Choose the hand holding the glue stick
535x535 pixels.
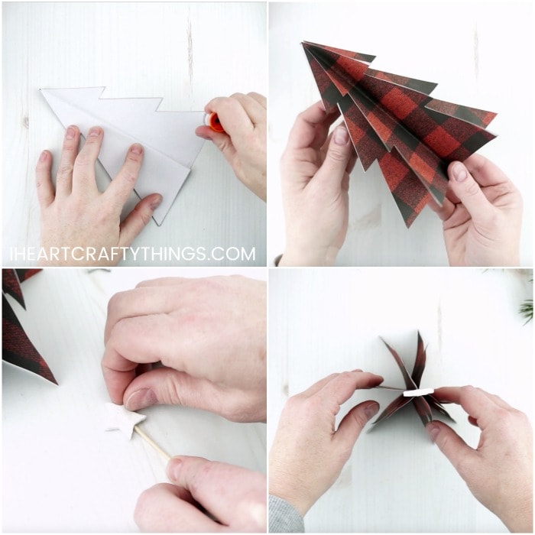237,138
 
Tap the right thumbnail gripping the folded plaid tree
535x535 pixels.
459,172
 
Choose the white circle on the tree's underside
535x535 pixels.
417,392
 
